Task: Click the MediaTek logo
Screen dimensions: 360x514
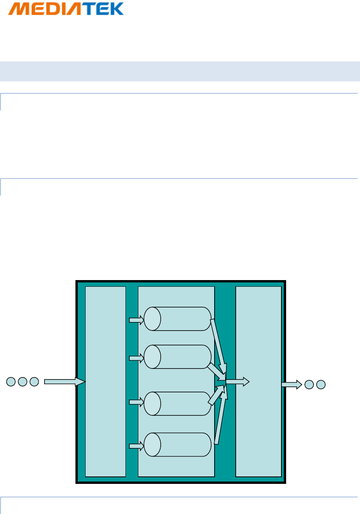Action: tap(66, 9)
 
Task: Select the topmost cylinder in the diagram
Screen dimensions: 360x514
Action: tap(178, 319)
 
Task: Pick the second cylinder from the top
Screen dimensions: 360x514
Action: tap(178, 357)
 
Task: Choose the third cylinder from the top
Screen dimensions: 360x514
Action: tap(178, 403)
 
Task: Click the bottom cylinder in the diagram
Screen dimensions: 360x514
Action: tap(178, 444)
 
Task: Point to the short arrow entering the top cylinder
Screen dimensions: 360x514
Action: tap(136, 320)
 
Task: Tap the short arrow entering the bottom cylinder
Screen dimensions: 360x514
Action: tap(136, 446)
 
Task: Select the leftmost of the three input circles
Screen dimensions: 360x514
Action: tap(11, 382)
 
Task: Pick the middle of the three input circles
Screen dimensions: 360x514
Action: tap(23, 382)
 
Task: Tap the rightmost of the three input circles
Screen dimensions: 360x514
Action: tap(34, 382)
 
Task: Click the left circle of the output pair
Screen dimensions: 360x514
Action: tap(309, 385)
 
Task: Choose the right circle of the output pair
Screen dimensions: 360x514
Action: tap(321, 385)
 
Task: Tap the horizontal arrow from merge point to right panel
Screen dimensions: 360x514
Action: tap(238, 382)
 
